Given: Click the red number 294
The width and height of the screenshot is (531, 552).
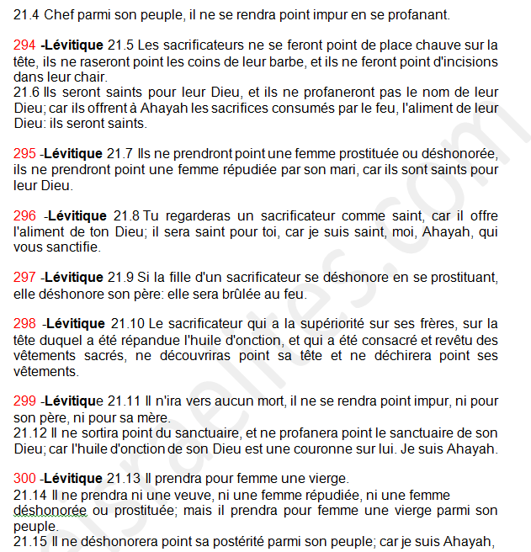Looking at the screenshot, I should [24, 45].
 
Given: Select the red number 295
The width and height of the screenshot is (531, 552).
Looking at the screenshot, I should [24, 155].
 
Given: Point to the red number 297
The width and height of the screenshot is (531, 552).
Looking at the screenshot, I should [24, 277].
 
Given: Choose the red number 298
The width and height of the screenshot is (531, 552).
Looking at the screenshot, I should [24, 324].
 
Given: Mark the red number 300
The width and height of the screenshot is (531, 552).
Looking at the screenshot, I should [24, 480].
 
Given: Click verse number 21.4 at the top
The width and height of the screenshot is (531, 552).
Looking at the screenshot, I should [26, 15].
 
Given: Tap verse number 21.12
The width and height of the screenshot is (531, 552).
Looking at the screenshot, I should [30, 433].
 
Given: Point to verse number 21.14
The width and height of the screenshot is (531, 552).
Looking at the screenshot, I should [30, 495].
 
